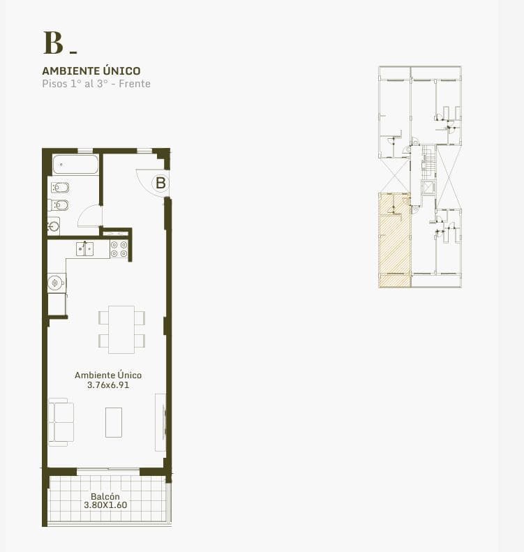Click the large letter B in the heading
click(x=53, y=43)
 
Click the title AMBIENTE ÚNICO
click(x=91, y=70)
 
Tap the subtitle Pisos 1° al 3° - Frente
click(x=96, y=84)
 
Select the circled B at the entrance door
click(x=160, y=183)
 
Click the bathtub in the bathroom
click(x=75, y=165)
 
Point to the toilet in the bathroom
click(x=60, y=188)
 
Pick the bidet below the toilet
click(x=59, y=204)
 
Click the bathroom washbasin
click(x=54, y=226)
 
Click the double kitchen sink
click(x=85, y=249)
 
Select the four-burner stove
click(x=119, y=249)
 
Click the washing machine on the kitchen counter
click(x=57, y=283)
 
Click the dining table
click(x=121, y=329)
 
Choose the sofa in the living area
click(x=61, y=422)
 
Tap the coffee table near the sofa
click(x=114, y=422)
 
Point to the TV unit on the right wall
click(x=160, y=422)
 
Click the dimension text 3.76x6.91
click(x=108, y=385)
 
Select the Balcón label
click(x=105, y=496)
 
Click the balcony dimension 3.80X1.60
click(x=105, y=505)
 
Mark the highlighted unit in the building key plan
click(x=394, y=240)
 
